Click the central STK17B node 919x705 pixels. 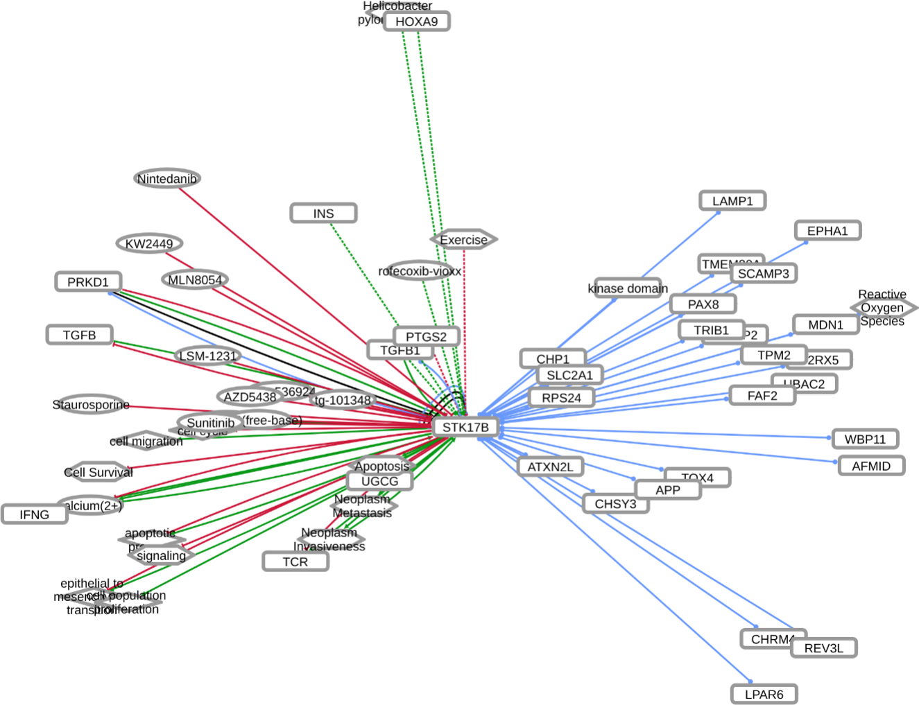pos(465,427)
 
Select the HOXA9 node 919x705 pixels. pos(416,21)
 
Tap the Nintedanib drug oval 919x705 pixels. pos(166,179)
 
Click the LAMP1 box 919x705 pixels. pos(732,201)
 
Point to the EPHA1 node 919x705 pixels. pos(827,231)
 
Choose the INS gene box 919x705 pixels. pos(323,214)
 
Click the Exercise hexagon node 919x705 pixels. pos(464,240)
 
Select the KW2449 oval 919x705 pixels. pos(149,243)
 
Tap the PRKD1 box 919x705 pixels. pos(88,282)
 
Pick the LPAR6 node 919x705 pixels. pos(764,694)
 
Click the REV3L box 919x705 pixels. pos(823,648)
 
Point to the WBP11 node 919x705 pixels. pos(865,439)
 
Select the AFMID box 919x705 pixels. pos(870,466)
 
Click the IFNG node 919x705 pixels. pos(35,514)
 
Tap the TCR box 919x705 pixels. pos(295,562)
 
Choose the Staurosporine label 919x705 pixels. pos(91,404)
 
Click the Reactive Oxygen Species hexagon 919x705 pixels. pos(882,308)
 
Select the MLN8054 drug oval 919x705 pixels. pos(195,280)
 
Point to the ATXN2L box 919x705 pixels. pos(550,467)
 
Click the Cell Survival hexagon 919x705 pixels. pos(98,472)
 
